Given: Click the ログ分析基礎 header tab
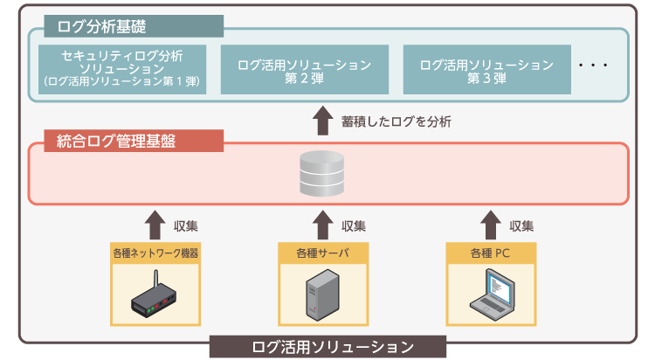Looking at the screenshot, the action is click(x=134, y=26).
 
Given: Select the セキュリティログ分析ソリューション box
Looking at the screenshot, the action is click(x=122, y=69).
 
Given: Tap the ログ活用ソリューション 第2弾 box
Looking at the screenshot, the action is click(x=305, y=69).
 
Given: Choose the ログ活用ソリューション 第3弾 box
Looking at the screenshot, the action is click(x=487, y=69).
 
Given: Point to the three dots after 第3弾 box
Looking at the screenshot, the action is click(x=593, y=66).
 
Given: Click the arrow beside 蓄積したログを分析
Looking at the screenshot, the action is click(x=323, y=121).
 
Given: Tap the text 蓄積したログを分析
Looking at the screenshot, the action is click(x=396, y=121).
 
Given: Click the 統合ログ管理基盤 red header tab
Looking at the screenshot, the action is click(x=134, y=141).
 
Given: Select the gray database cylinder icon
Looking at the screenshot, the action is click(x=321, y=174).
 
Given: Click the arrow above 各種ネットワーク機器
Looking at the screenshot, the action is click(x=155, y=225).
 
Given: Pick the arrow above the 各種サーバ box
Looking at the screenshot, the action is click(x=323, y=225).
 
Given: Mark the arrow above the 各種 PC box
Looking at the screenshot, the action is click(x=491, y=225).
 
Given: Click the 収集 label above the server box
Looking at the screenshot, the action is click(x=354, y=226).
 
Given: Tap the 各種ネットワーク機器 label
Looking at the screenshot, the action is click(x=155, y=253).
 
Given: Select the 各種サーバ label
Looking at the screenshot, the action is click(x=323, y=253).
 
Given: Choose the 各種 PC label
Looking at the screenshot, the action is click(x=491, y=253).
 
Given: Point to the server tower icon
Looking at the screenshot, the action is click(x=322, y=294).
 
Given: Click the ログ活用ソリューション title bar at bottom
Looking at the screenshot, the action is click(x=327, y=347).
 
